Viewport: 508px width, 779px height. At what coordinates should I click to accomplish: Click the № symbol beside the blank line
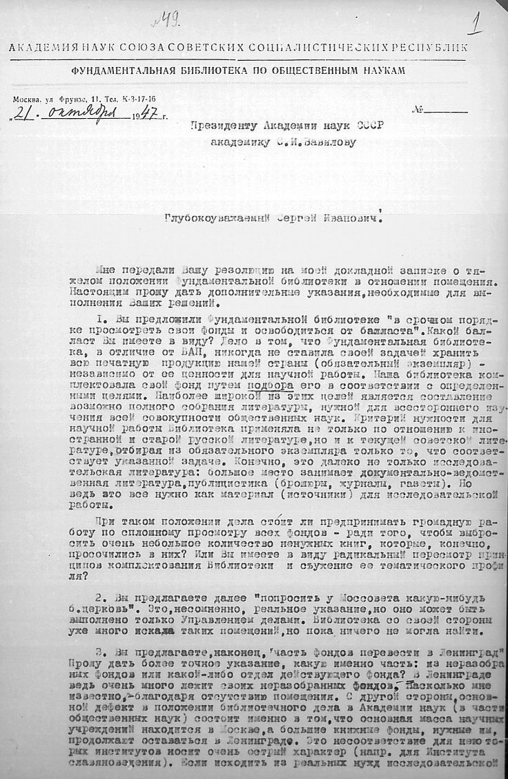pyautogui.click(x=417, y=110)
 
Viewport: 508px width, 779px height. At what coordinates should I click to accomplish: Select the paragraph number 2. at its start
pyautogui.click(x=98, y=596)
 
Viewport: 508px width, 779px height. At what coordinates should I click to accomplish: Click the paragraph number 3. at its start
pyautogui.click(x=98, y=653)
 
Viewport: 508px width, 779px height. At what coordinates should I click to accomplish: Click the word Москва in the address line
pyautogui.click(x=27, y=99)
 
